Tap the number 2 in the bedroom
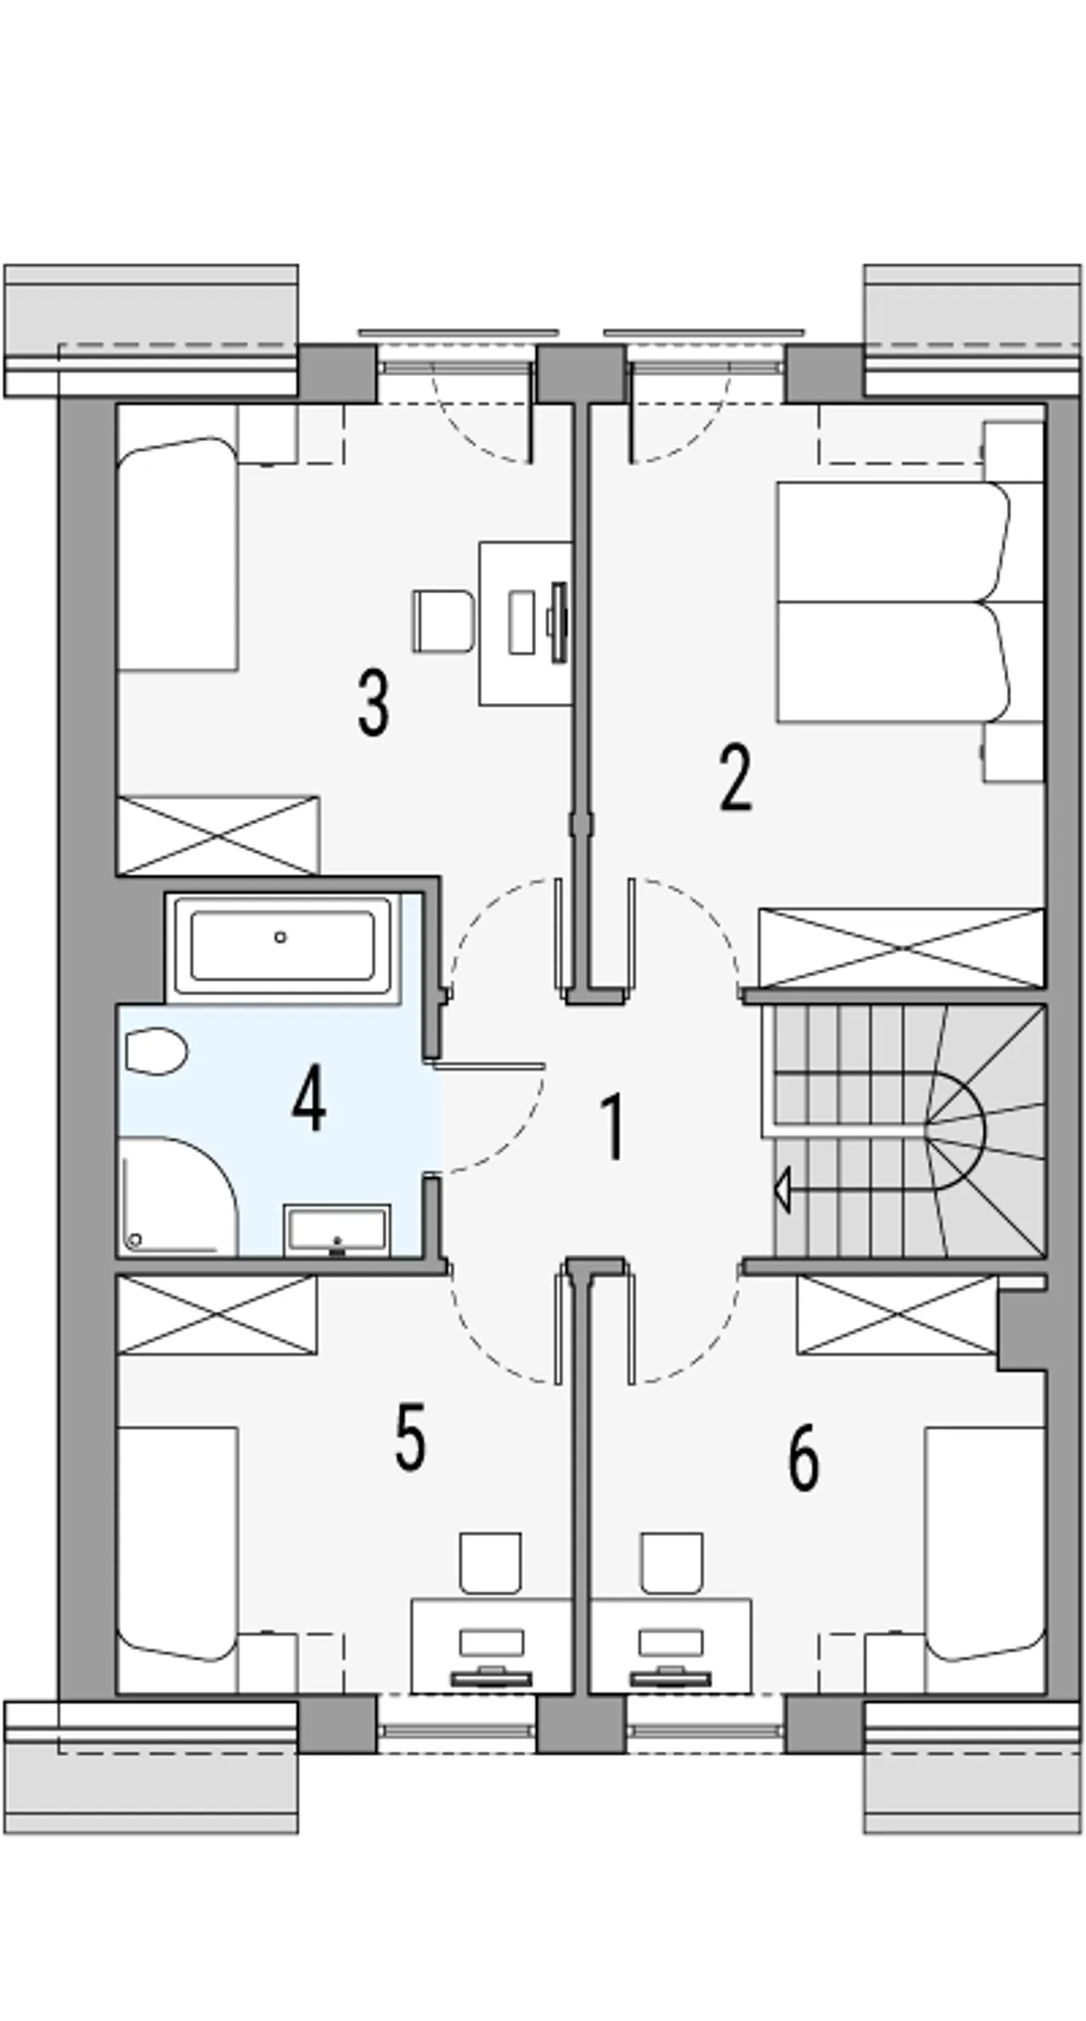point(736,778)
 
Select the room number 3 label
point(373,703)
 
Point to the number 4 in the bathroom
point(309,1101)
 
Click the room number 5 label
point(411,1436)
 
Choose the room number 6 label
point(803,1457)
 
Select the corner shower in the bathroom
point(177,1196)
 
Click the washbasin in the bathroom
point(338,1228)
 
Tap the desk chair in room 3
point(442,621)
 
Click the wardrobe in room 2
point(902,947)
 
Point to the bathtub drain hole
point(280,937)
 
